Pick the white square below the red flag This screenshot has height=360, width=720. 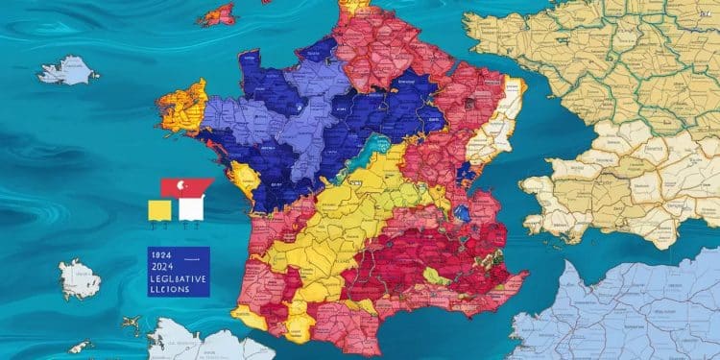click(x=190, y=208)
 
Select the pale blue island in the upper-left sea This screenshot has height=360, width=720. click(x=68, y=70)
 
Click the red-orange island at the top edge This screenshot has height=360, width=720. click(x=218, y=14)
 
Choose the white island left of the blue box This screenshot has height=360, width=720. click(x=79, y=278)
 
